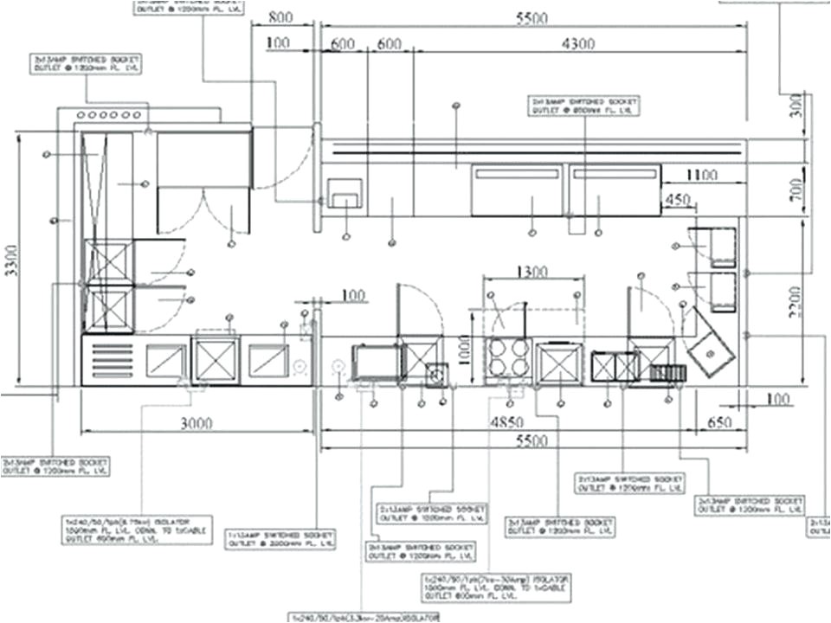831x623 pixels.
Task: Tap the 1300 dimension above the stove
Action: (530, 272)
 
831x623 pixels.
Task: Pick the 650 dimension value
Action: (722, 423)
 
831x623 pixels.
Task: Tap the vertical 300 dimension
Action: (796, 105)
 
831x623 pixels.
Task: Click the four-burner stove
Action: (508, 357)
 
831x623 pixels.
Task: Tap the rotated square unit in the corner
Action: (712, 348)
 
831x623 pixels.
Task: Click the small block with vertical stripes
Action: (667, 373)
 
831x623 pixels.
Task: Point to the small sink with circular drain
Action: (437, 373)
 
